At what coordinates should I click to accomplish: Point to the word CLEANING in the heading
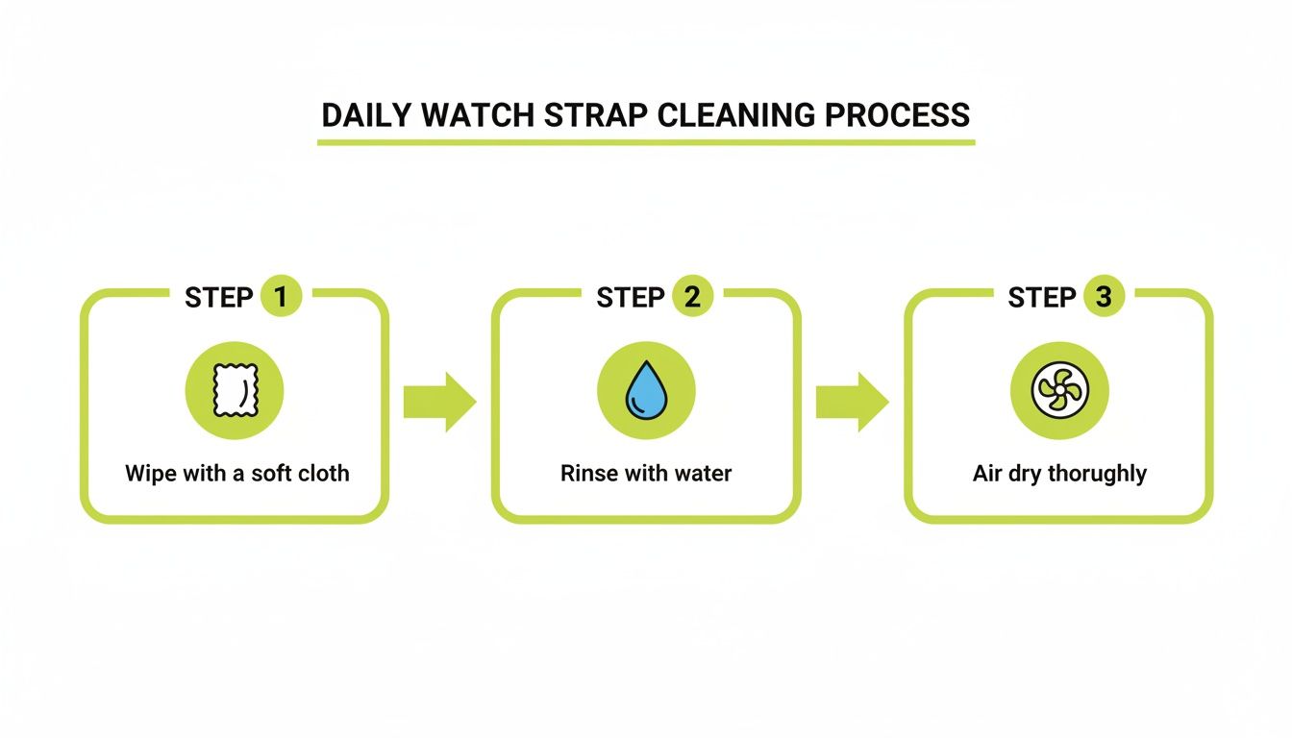pos(737,115)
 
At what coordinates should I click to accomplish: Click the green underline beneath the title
pos(646,142)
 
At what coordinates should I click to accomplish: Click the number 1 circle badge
pos(280,297)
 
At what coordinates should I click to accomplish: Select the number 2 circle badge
pos(691,297)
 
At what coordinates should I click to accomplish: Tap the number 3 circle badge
pos(1103,297)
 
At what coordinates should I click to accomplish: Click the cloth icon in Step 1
pos(235,391)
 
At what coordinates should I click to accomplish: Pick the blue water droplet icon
pos(646,391)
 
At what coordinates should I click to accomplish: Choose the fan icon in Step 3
pos(1058,391)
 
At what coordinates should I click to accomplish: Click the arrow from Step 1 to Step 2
pos(439,402)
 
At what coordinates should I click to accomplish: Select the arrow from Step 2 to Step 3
pos(852,402)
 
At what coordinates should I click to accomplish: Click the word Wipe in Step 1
pos(146,474)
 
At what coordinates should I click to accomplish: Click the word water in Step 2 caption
pos(703,474)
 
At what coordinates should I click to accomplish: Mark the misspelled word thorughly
pos(1097,475)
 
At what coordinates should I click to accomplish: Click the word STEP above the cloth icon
pos(218,298)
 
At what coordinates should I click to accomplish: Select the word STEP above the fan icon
pos(1041,298)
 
